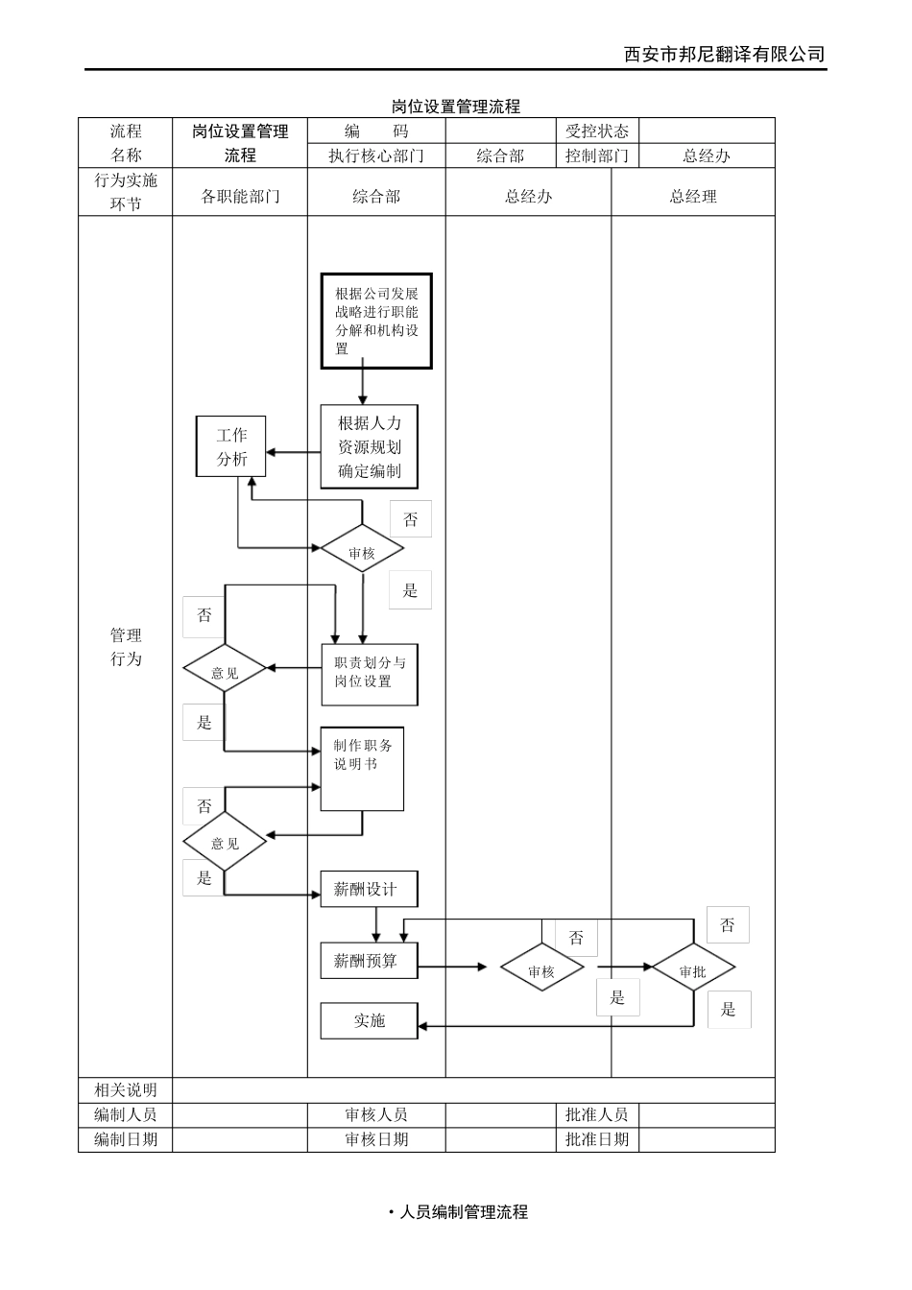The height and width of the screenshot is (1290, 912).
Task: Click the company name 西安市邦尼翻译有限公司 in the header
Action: point(724,54)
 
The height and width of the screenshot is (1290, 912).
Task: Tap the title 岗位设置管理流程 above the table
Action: point(456,107)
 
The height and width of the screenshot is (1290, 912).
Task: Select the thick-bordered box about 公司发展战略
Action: point(376,322)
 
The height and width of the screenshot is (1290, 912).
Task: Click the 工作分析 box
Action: point(230,447)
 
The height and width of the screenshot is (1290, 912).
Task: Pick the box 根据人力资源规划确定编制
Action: point(370,447)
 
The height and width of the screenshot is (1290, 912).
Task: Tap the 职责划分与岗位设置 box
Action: point(370,674)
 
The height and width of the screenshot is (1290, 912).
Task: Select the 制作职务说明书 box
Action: point(362,769)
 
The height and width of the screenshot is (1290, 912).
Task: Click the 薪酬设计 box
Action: point(369,889)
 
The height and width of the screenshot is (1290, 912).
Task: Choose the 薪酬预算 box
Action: point(369,961)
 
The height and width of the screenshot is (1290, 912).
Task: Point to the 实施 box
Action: point(369,1020)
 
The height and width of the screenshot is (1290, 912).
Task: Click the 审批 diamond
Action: point(692,970)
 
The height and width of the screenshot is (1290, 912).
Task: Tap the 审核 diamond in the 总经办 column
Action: point(541,970)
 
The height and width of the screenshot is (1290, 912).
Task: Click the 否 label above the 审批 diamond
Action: point(728,925)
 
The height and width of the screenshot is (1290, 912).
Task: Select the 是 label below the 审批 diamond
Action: point(729,1010)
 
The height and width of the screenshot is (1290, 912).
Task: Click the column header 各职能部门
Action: point(240,197)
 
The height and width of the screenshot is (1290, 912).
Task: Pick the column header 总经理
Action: point(693,197)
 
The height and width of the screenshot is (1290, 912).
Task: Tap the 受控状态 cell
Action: point(597,131)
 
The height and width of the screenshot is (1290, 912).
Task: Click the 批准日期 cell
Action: point(597,1139)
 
